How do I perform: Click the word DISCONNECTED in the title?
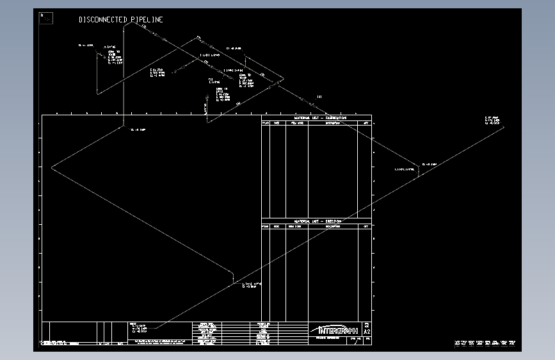tap(103, 20)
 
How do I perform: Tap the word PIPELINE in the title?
tap(147, 20)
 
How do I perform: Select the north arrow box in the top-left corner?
tap(46, 18)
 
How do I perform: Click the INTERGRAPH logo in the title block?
tap(335, 330)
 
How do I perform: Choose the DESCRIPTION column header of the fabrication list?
tap(332, 123)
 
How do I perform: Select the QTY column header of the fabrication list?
tap(365, 123)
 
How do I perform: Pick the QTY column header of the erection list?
tap(365, 226)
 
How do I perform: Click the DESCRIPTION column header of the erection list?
tap(332, 226)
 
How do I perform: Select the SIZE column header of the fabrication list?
tap(277, 123)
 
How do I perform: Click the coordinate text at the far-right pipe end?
tap(492, 120)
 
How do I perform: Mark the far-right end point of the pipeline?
tap(504, 126)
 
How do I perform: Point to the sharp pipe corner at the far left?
tap(52, 168)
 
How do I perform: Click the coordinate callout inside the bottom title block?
tap(138, 328)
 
